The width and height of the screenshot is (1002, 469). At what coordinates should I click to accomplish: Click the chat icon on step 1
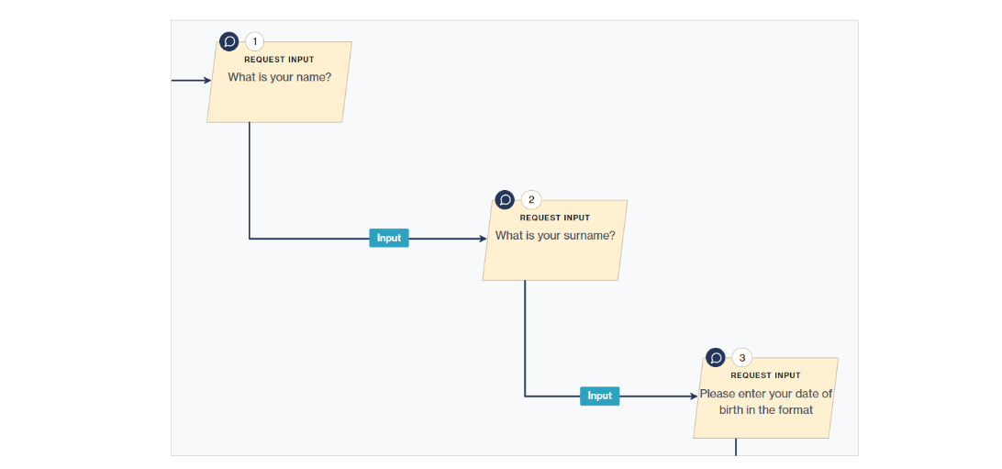pos(229,41)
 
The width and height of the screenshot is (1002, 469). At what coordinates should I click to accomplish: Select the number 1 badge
pos(255,41)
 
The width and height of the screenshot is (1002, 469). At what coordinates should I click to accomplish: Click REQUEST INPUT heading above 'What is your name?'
pos(279,60)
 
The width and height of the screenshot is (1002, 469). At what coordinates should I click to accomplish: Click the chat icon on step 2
pos(505,199)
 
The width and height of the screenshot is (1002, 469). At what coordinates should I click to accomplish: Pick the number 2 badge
pos(531,199)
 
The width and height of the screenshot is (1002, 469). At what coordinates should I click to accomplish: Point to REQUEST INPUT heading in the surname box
pos(554,218)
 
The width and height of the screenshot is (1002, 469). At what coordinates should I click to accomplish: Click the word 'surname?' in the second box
pos(591,236)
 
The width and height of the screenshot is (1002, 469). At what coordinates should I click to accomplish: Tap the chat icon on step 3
pos(716,357)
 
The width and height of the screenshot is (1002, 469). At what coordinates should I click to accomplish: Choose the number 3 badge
pos(742,357)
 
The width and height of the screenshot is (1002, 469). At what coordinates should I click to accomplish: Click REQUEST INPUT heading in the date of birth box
pos(765,375)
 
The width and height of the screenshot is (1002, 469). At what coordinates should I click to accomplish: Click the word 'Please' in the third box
pos(718,394)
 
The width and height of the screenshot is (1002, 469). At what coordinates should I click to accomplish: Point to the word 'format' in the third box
pos(796,410)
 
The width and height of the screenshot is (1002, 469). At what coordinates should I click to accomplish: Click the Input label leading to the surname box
pos(389,238)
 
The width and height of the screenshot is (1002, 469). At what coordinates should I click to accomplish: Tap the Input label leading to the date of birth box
pos(599,396)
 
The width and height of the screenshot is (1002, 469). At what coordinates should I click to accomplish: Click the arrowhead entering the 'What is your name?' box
pos(207,81)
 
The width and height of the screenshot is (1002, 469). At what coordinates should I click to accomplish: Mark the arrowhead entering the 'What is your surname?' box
pos(483,239)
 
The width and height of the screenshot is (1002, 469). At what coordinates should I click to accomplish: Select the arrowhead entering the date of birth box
pos(694,396)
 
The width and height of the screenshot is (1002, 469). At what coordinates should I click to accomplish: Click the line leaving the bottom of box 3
pos(736,447)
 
